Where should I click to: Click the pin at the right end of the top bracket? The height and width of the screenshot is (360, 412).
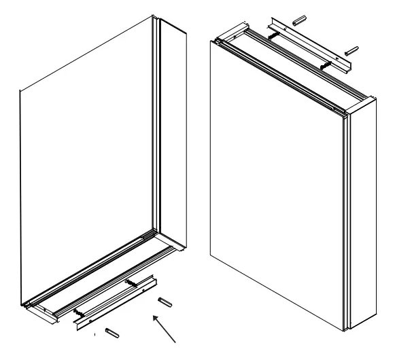[351, 50]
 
